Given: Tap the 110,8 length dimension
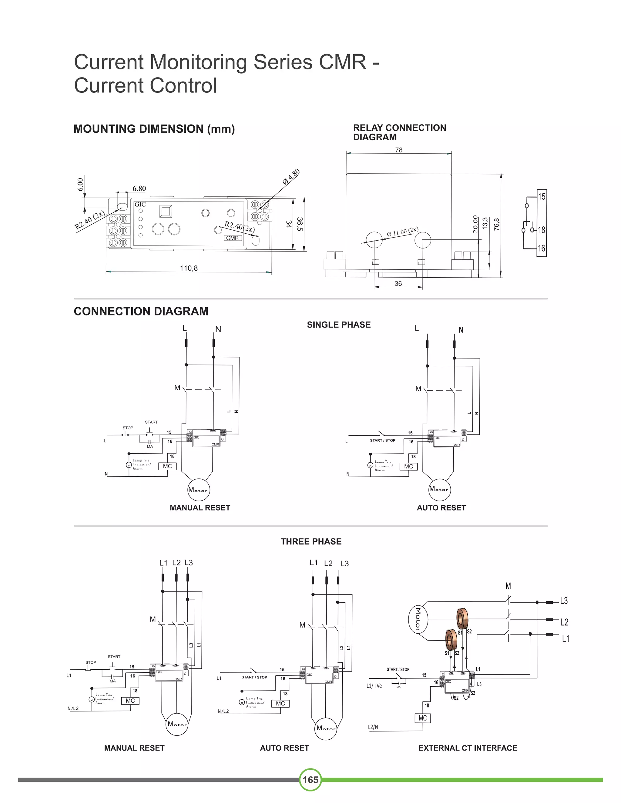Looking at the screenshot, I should click(189, 268).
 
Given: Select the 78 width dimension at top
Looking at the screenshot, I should click(399, 150).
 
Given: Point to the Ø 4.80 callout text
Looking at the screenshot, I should click(291, 177).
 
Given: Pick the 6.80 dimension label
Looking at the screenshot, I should click(139, 188).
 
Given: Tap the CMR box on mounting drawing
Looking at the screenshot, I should click(233, 238).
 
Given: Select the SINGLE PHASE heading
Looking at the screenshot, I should click(339, 325).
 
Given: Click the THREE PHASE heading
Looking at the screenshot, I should click(311, 541).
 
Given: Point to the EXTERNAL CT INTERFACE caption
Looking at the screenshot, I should click(468, 748).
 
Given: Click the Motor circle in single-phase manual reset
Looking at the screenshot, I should click(199, 490).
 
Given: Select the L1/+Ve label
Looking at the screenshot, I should click(374, 686).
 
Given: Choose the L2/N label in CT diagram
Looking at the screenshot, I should click(373, 727).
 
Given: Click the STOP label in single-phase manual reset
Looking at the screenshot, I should click(128, 428).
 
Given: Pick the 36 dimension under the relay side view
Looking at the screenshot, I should click(398, 284).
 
